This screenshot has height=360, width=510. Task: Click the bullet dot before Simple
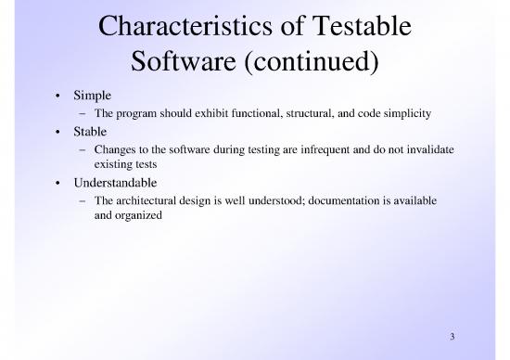[57, 97]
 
